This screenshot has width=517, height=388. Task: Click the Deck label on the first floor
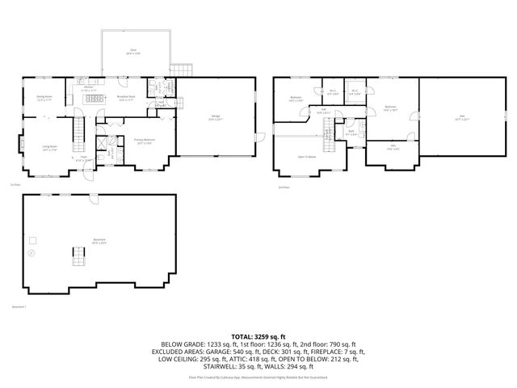pyautogui.click(x=133, y=51)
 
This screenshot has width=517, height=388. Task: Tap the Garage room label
pyautogui.click(x=216, y=118)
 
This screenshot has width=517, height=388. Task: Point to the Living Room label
pyautogui.click(x=49, y=147)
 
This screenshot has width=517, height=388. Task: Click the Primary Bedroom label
pyautogui.click(x=145, y=140)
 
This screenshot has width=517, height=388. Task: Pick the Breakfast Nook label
pyautogui.click(x=126, y=98)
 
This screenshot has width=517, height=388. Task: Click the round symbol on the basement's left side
pyautogui.click(x=32, y=253)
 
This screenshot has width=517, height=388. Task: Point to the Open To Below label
pyautogui.click(x=306, y=157)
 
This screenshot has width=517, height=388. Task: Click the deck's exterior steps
pyautogui.click(x=181, y=67)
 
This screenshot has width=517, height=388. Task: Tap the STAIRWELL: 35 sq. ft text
pyautogui.click(x=222, y=367)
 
